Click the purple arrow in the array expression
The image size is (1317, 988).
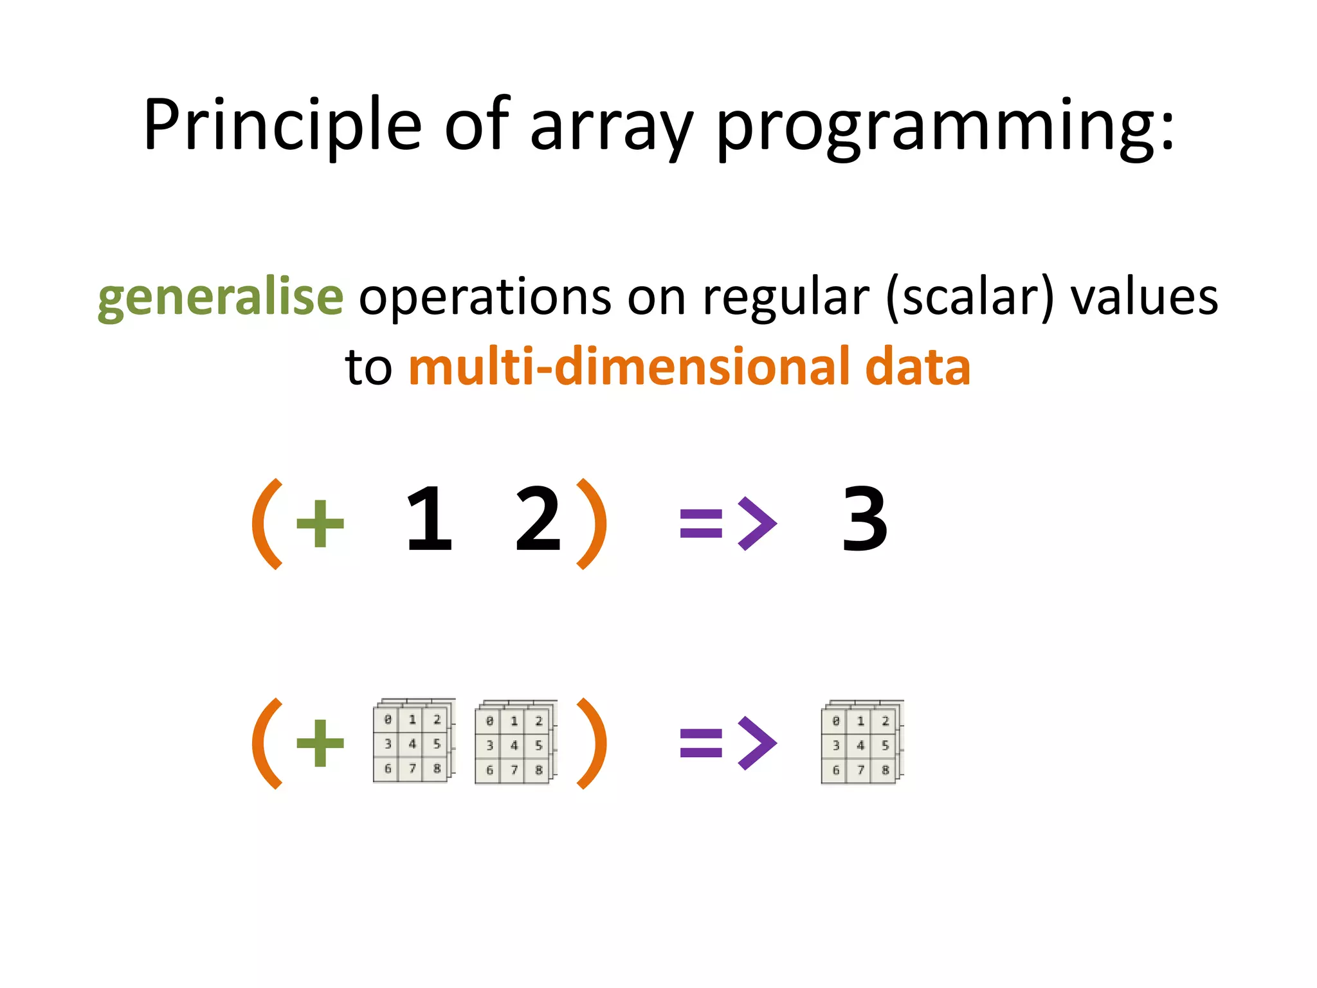point(728,743)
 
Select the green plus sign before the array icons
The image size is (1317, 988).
point(320,743)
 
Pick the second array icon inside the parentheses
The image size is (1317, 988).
point(515,742)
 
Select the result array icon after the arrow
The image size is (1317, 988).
point(862,742)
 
